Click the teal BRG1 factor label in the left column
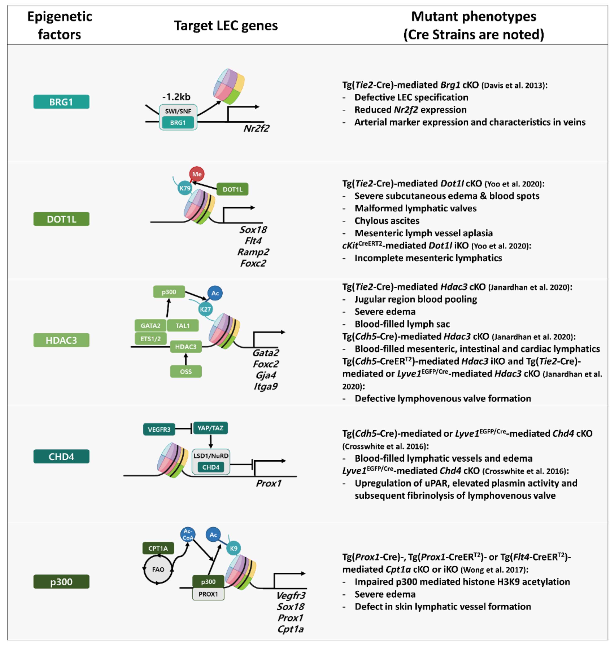61,102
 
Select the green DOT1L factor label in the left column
61,219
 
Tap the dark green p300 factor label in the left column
61,582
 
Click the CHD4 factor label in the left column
61,456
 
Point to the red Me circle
197,174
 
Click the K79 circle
185,188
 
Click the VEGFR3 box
159,429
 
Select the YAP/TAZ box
210,428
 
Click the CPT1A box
158,548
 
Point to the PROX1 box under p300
208,594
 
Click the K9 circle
233,548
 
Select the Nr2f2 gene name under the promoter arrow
256,128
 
